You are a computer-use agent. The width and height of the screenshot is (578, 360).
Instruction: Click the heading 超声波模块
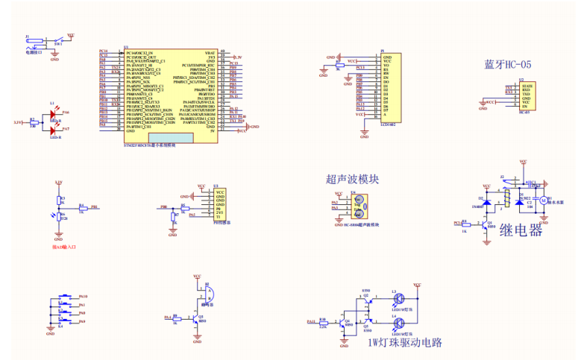[x=353, y=179]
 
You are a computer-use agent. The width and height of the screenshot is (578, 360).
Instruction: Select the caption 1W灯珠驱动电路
[x=405, y=343]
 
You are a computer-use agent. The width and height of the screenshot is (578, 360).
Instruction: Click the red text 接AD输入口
[x=65, y=245]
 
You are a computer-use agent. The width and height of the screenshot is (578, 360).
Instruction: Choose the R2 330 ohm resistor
[x=32, y=121]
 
